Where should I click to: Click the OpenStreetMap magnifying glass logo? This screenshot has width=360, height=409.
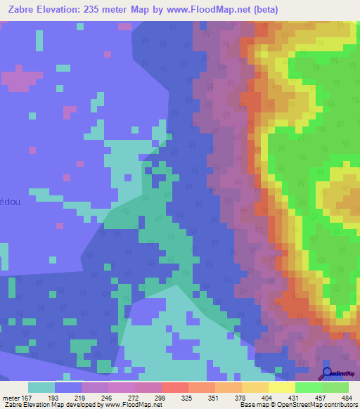pyautogui.click(x=328, y=374)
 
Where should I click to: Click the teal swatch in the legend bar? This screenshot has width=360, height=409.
pyautogui.click(x=41, y=387)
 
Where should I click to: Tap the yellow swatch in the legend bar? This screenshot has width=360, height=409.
pyautogui.click(x=281, y=387)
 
